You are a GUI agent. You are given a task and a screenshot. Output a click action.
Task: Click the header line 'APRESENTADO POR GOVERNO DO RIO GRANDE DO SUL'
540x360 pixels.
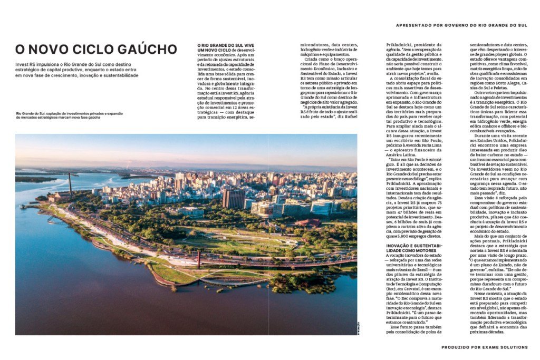(461, 25)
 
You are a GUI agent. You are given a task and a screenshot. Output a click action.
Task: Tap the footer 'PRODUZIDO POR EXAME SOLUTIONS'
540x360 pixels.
(484, 347)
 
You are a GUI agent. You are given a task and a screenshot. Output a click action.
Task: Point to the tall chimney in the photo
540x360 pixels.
(70, 183)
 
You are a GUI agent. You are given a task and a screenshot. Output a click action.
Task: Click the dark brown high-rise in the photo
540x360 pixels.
(233, 199)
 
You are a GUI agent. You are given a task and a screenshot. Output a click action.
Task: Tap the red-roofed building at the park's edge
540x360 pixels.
(308, 223)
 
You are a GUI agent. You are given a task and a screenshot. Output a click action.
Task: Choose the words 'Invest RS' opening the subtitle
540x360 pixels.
(26, 63)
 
